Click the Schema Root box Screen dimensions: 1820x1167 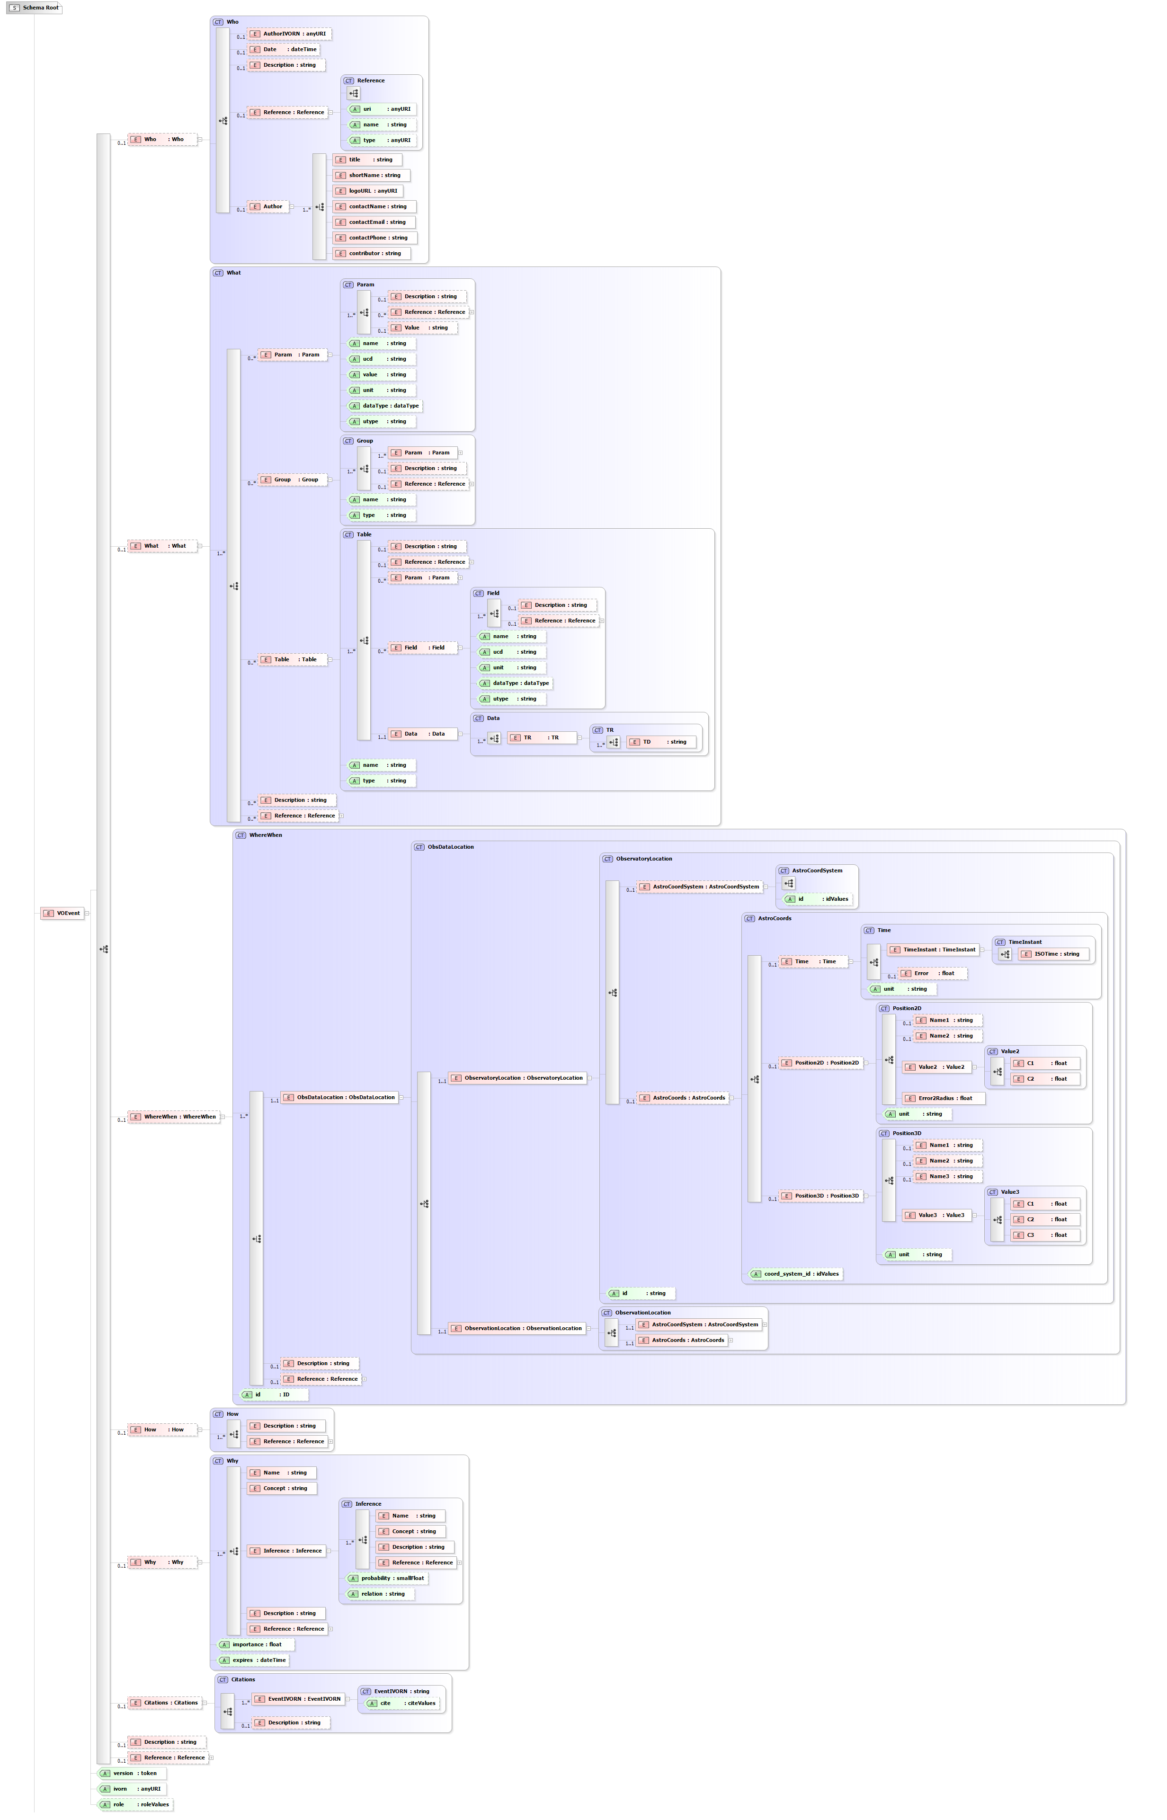pyautogui.click(x=34, y=8)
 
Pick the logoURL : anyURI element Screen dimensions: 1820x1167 pyautogui.click(x=367, y=191)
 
